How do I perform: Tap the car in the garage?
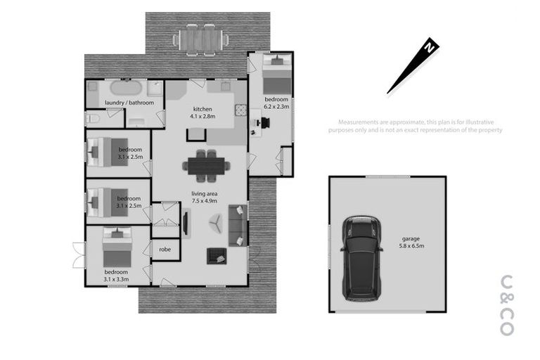pyautogui.click(x=361, y=257)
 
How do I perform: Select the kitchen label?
pyautogui.click(x=203, y=109)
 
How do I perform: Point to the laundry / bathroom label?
pyautogui.click(x=129, y=103)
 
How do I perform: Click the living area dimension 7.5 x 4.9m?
pyautogui.click(x=205, y=201)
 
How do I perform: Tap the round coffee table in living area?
pyautogui.click(x=214, y=224)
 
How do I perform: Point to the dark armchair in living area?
pyautogui.click(x=215, y=256)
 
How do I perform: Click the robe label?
pyautogui.click(x=165, y=249)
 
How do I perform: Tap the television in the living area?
pyautogui.click(x=186, y=223)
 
